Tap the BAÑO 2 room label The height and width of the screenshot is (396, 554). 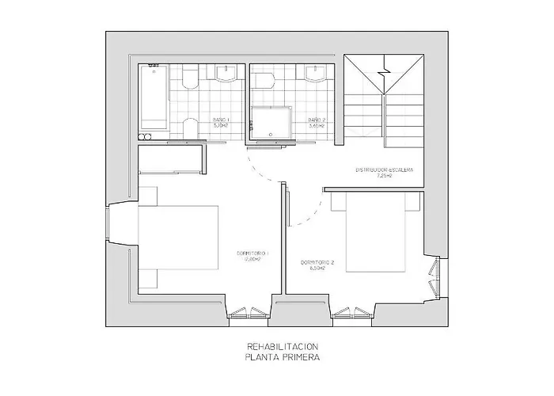click(x=317, y=120)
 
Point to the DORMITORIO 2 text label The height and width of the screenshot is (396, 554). click(x=317, y=262)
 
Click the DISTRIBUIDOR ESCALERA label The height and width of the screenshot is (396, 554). click(x=384, y=170)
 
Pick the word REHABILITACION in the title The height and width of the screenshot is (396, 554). click(x=283, y=347)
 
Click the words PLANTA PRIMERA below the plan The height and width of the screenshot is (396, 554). click(x=283, y=357)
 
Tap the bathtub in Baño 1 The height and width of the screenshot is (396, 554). click(x=153, y=99)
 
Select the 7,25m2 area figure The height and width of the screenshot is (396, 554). click(x=384, y=177)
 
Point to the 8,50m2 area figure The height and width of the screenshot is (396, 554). click(x=317, y=268)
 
